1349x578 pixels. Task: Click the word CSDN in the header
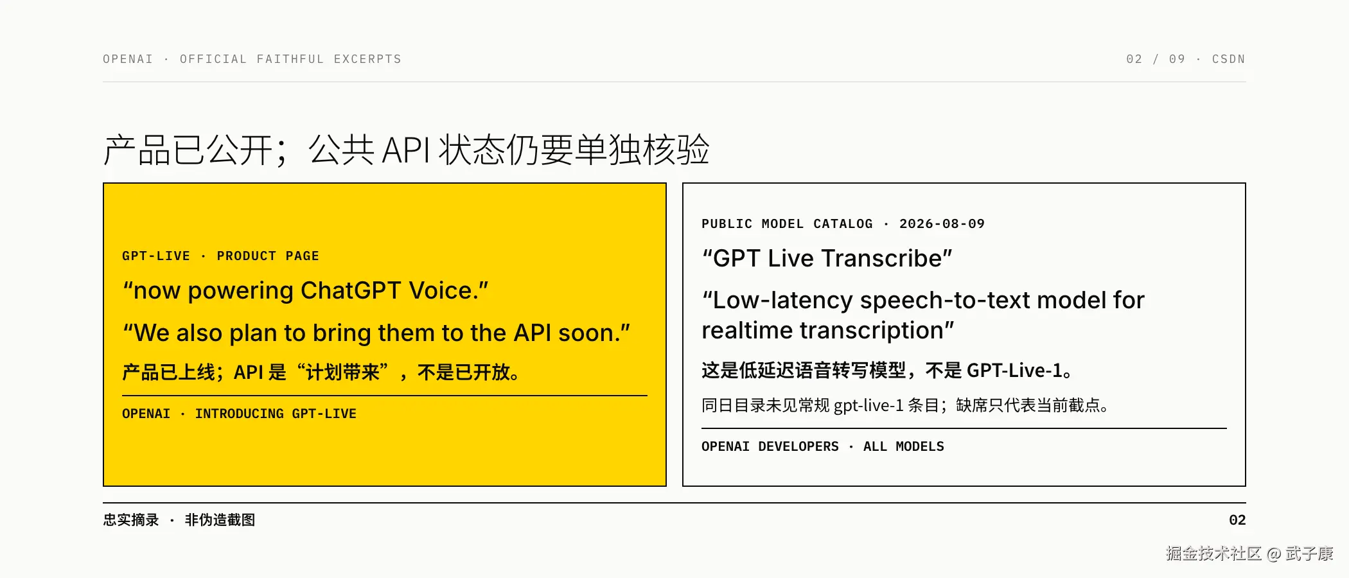[x=1228, y=59]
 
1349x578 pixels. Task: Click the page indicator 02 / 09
[x=1156, y=59]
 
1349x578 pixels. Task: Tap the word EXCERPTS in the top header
[x=367, y=59]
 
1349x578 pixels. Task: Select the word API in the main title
[x=406, y=150]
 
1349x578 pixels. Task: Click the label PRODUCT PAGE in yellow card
[x=268, y=256]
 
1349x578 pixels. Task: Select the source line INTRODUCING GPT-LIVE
[x=276, y=414]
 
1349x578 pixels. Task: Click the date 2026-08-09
[x=942, y=224]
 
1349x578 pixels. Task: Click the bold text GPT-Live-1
[x=1014, y=371]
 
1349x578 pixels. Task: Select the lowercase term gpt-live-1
[x=868, y=406]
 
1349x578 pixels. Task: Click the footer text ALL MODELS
[x=904, y=447]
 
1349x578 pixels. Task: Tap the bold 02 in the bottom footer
[x=1237, y=520]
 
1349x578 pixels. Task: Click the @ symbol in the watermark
[x=1274, y=554]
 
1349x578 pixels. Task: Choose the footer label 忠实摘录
[x=131, y=520]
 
